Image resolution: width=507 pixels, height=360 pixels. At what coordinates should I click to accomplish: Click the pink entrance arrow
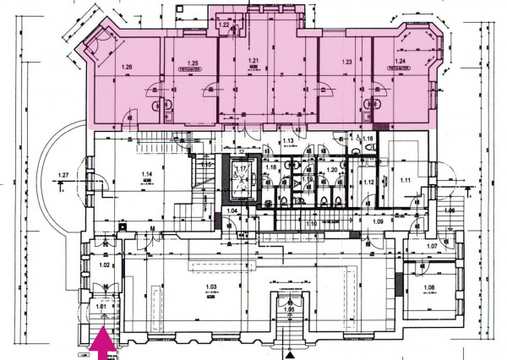click(x=103, y=343)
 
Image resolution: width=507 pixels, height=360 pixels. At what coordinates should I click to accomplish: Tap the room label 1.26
click(x=128, y=65)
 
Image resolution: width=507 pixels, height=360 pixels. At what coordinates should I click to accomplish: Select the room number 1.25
click(x=194, y=63)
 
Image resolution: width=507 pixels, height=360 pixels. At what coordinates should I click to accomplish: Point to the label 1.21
click(x=253, y=62)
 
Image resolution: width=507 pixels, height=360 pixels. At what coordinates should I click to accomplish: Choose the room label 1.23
click(x=346, y=63)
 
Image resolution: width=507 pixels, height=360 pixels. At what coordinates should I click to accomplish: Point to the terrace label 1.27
click(x=63, y=176)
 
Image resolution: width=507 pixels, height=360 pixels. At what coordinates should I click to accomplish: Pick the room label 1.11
click(x=405, y=181)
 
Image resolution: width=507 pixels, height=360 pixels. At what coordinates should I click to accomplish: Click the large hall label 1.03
click(x=212, y=288)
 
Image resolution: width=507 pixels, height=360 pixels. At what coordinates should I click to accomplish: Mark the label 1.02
click(x=106, y=265)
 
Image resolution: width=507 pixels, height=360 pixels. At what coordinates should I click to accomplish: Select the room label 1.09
click(x=377, y=221)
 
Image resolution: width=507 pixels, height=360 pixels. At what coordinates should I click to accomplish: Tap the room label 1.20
click(x=332, y=170)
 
